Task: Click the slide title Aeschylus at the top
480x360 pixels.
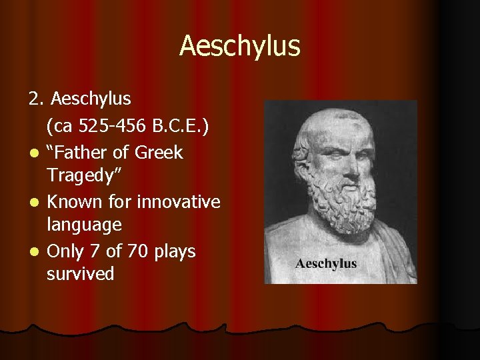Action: (240, 46)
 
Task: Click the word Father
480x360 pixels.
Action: (79, 153)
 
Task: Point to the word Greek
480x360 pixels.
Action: (159, 153)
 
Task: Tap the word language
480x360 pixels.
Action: (84, 225)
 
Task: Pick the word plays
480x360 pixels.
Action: (174, 251)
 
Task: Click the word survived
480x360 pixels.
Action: (80, 273)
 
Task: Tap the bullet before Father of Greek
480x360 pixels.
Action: (32, 154)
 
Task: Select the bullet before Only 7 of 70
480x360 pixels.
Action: (32, 253)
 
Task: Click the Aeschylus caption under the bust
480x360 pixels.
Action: (326, 263)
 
